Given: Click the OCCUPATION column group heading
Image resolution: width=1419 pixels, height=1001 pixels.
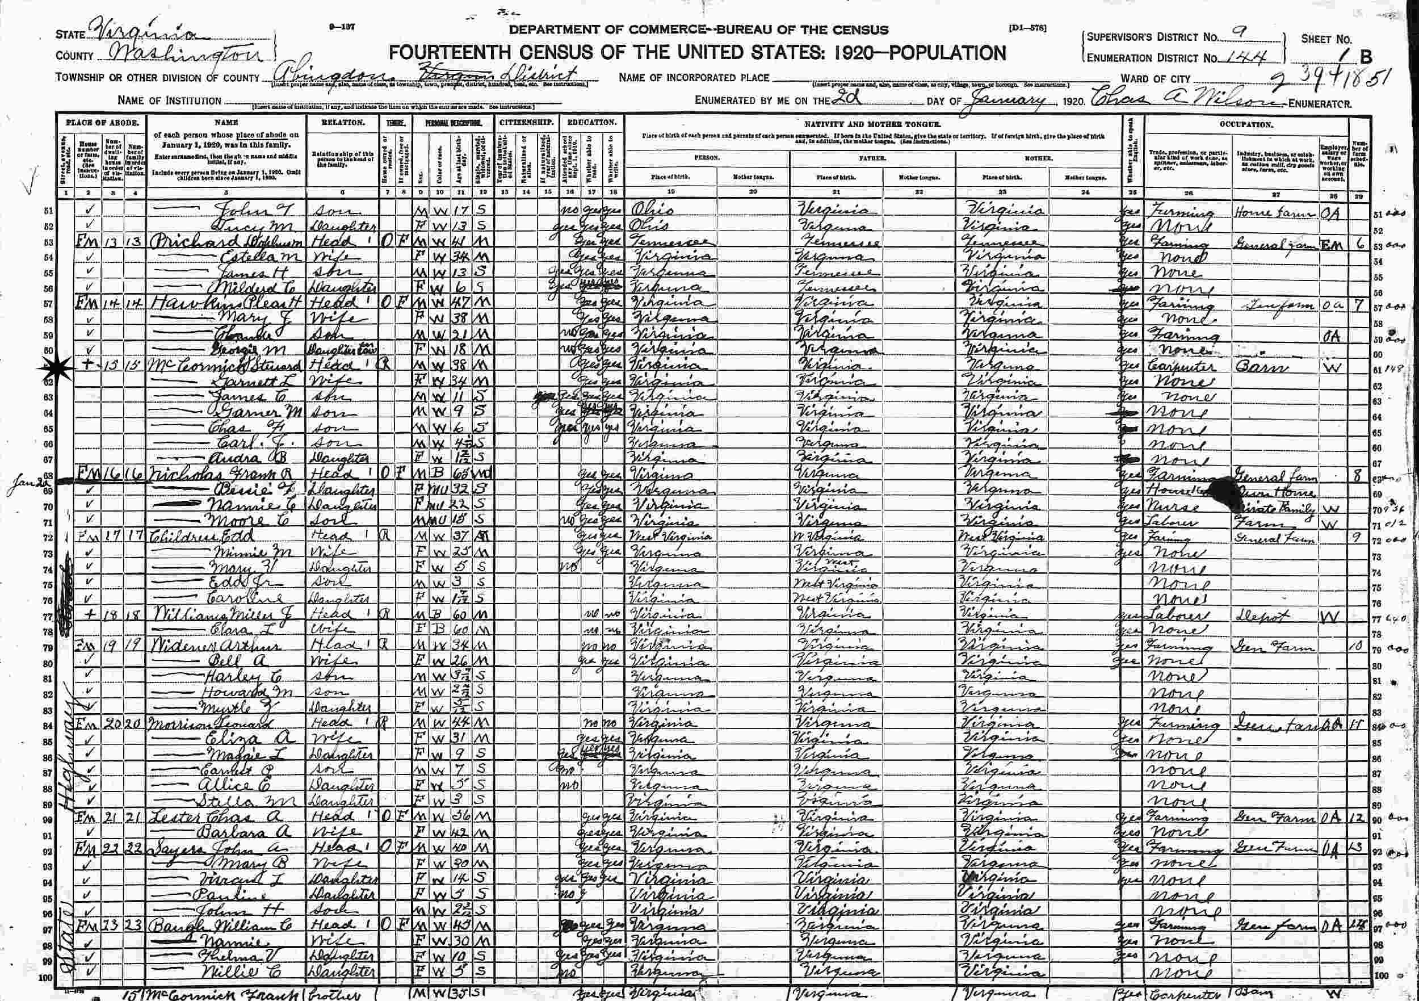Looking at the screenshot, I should tap(1246, 124).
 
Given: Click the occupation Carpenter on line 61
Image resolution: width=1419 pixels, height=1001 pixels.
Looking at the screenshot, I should tap(1181, 366).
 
